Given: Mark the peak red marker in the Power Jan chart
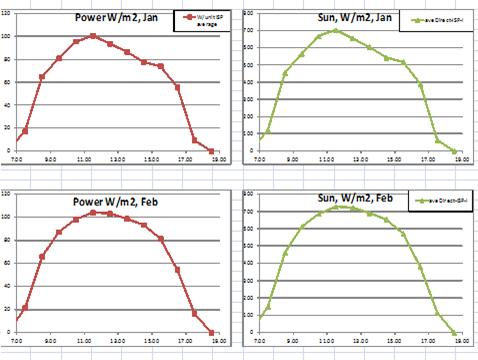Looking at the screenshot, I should pos(93,36).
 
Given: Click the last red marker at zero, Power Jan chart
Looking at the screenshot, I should pos(211,151).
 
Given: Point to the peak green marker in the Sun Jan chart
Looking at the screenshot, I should pos(336,30).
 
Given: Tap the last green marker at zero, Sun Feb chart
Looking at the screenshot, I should pos(455,332).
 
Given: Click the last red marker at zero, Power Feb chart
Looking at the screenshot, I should pos(211,332).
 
